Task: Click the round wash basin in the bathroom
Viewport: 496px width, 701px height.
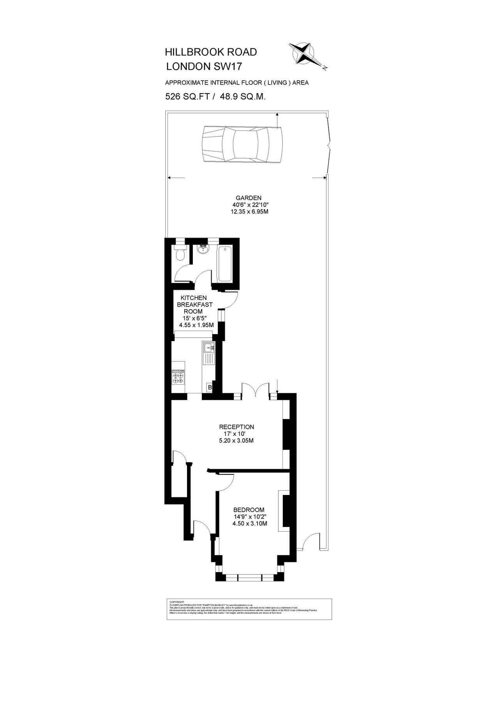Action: (x=203, y=250)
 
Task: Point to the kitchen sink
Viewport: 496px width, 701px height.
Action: (x=209, y=352)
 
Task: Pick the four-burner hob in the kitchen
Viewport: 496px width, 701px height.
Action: (x=178, y=377)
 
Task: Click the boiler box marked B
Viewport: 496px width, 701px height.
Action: (x=209, y=387)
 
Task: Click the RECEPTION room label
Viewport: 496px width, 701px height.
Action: (x=236, y=427)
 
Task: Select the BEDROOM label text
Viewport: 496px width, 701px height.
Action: (x=249, y=510)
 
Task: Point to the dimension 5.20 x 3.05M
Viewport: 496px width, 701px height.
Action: (x=237, y=441)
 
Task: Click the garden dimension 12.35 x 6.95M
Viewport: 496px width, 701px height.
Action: (x=250, y=212)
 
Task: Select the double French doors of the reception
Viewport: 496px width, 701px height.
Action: (x=255, y=389)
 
